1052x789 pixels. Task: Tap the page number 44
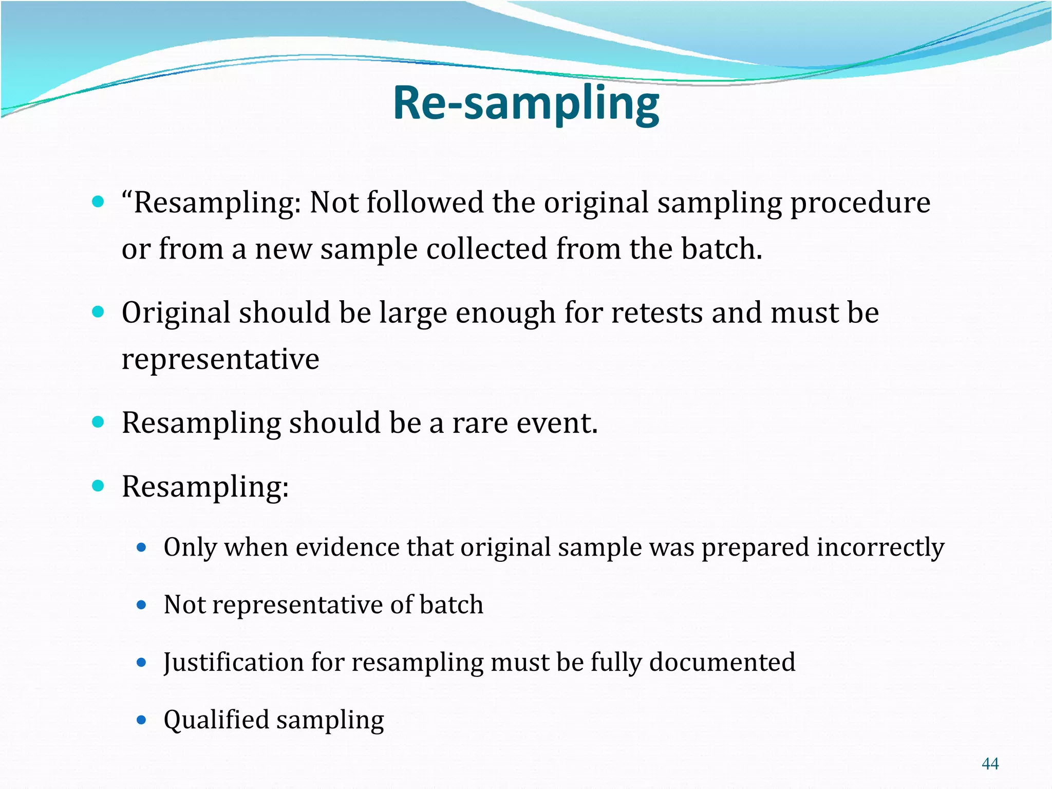(990, 763)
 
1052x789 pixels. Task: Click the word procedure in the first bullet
(860, 203)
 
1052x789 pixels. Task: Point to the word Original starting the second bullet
(175, 313)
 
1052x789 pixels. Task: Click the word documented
(722, 662)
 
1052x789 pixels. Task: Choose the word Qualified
(216, 720)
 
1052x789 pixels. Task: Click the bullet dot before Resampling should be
(98, 422)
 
